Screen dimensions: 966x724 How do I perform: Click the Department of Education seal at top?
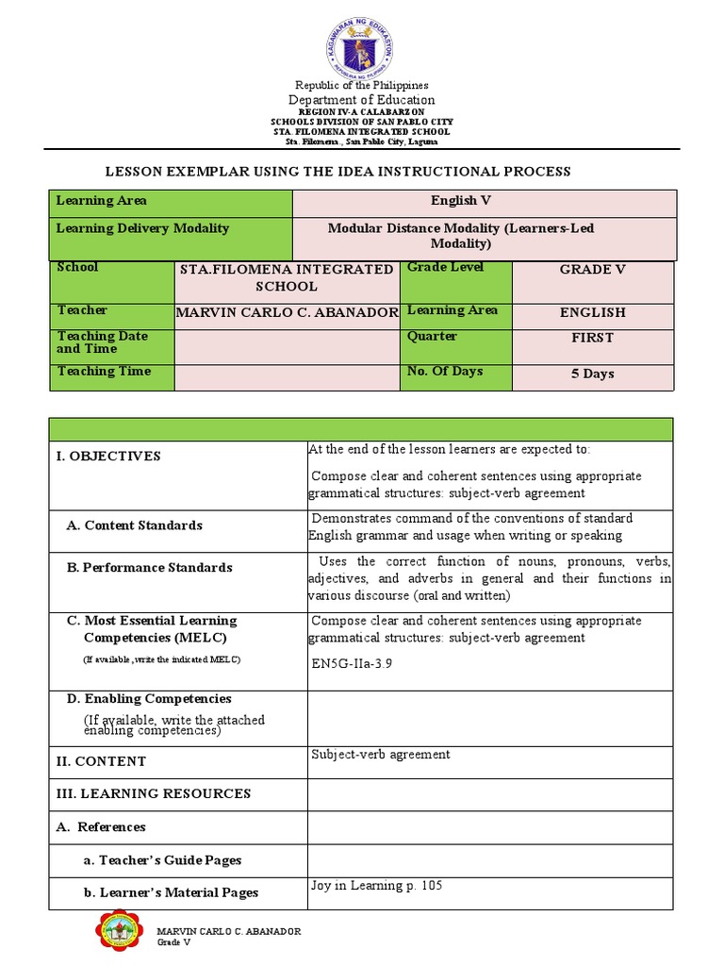pos(362,43)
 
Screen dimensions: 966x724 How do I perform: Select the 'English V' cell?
pos(461,201)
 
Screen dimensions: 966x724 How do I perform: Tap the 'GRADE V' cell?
pos(592,270)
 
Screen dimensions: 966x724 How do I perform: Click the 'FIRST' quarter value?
pos(592,338)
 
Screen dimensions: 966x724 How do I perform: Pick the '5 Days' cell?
pos(592,374)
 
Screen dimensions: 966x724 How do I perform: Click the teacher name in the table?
pos(288,313)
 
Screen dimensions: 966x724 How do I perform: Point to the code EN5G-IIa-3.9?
pos(351,663)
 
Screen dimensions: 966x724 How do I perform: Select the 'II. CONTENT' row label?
pos(101,761)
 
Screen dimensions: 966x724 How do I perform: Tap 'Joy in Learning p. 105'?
pos(376,886)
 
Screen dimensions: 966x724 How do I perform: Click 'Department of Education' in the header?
pos(362,100)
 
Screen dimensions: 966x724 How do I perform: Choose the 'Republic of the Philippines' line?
pos(362,86)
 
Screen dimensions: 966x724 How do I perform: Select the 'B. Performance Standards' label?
pos(149,568)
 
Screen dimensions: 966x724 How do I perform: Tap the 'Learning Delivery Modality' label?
pos(142,228)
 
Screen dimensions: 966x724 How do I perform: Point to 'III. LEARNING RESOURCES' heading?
pos(154,794)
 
